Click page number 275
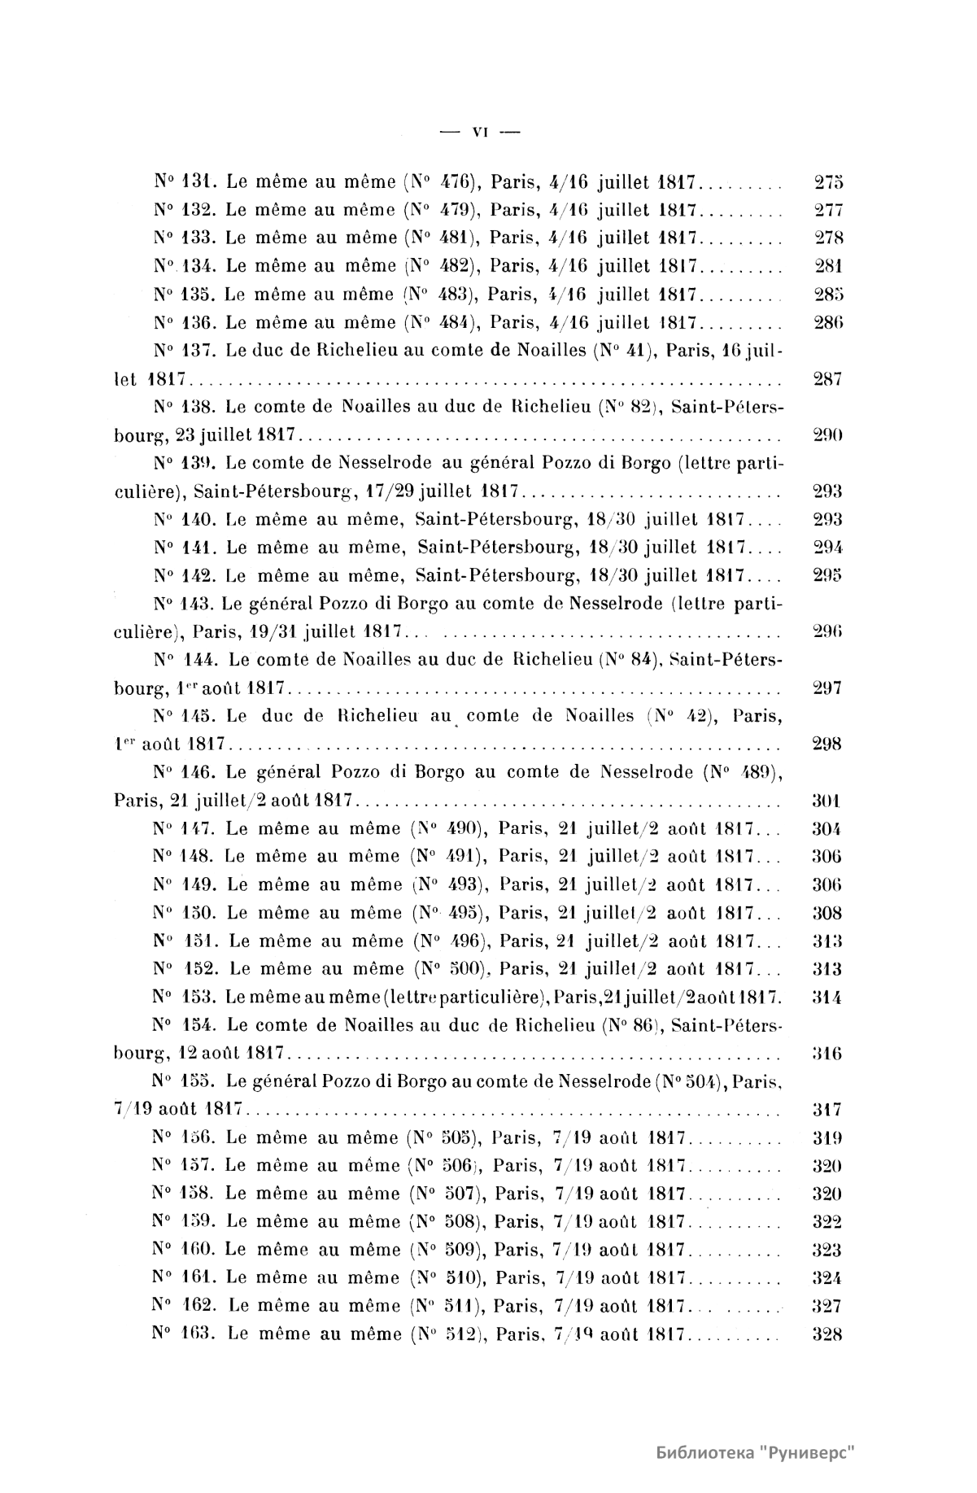click(x=828, y=182)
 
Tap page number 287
click(x=827, y=378)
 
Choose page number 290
click(x=827, y=434)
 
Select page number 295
click(x=827, y=575)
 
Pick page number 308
click(x=827, y=913)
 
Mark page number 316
click(x=827, y=1054)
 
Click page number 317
click(x=827, y=1110)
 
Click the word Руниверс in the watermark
click(x=809, y=1452)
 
